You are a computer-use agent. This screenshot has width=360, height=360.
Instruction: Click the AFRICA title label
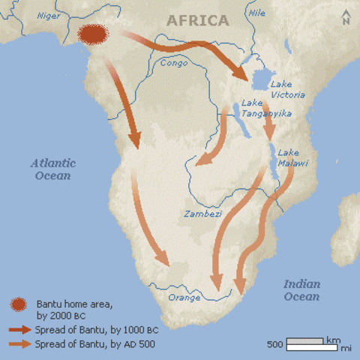[198, 20]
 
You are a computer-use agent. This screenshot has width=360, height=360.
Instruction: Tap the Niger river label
[48, 15]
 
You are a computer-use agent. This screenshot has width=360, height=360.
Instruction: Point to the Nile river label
[256, 13]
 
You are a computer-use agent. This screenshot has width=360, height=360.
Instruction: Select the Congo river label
[174, 63]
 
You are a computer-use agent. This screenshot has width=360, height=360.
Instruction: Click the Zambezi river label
[202, 214]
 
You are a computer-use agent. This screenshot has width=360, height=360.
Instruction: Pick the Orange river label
[184, 297]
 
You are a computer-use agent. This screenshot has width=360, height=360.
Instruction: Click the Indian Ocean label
[301, 290]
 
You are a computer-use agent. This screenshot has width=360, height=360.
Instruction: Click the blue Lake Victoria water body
[260, 79]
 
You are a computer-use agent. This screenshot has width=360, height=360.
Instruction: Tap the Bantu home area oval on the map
[92, 34]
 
